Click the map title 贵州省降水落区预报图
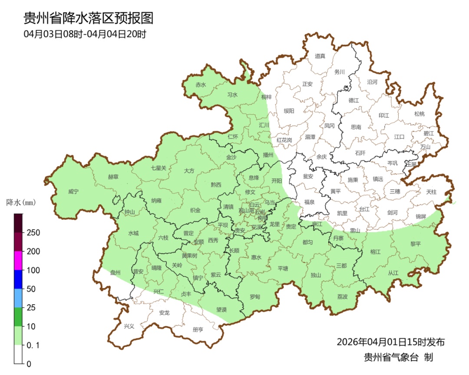pyautogui.click(x=88, y=18)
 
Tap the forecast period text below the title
pyautogui.click(x=85, y=34)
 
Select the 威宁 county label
pyautogui.click(x=73, y=191)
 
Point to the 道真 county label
pyautogui.click(x=320, y=56)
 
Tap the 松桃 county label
pyautogui.click(x=419, y=114)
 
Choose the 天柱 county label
pyautogui.click(x=431, y=191)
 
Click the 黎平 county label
pyautogui.click(x=416, y=244)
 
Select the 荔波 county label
pyautogui.click(x=342, y=296)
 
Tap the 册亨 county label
pyautogui.click(x=198, y=329)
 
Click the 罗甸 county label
pyautogui.click(x=255, y=296)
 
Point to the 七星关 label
pyautogui.click(x=159, y=168)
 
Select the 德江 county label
pyautogui.click(x=354, y=100)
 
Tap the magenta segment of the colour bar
pyautogui.click(x=18, y=260)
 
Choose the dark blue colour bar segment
pyautogui.click(x=18, y=279)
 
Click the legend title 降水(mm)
pyautogui.click(x=20, y=202)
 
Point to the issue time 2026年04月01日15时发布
pyautogui.click(x=390, y=342)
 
